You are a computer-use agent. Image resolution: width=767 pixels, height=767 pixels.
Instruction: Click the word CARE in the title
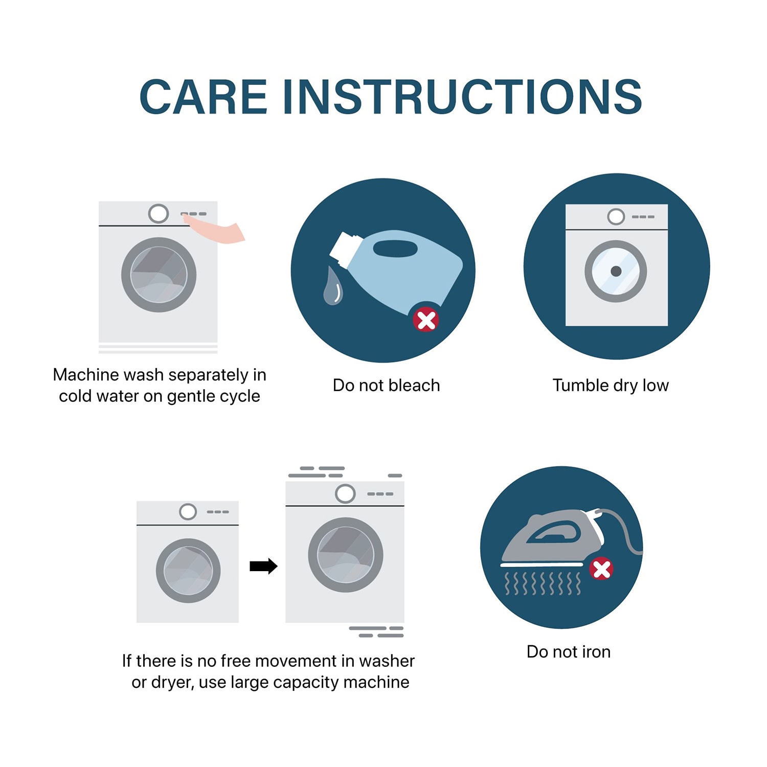pyautogui.click(x=203, y=97)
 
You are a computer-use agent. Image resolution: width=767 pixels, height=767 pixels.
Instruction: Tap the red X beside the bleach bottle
pyautogui.click(x=426, y=320)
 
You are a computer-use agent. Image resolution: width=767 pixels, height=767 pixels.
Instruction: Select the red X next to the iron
pyautogui.click(x=601, y=569)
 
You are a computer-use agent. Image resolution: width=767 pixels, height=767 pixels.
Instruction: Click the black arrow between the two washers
pyautogui.click(x=263, y=566)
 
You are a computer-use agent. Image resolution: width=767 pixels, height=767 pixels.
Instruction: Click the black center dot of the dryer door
pyautogui.click(x=616, y=271)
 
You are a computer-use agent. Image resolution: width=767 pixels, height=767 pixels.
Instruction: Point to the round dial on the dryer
pyautogui.click(x=616, y=217)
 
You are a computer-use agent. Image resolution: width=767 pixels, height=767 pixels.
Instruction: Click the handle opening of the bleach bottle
pyautogui.click(x=395, y=249)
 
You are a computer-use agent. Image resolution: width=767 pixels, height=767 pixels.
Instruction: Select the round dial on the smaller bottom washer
pyautogui.click(x=188, y=511)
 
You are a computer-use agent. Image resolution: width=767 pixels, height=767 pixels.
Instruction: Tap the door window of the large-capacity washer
pyautogui.click(x=345, y=555)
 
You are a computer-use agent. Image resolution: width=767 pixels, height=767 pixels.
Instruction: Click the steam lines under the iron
pyautogui.click(x=543, y=584)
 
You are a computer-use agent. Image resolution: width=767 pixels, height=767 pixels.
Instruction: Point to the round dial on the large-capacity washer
pyautogui.click(x=345, y=494)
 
